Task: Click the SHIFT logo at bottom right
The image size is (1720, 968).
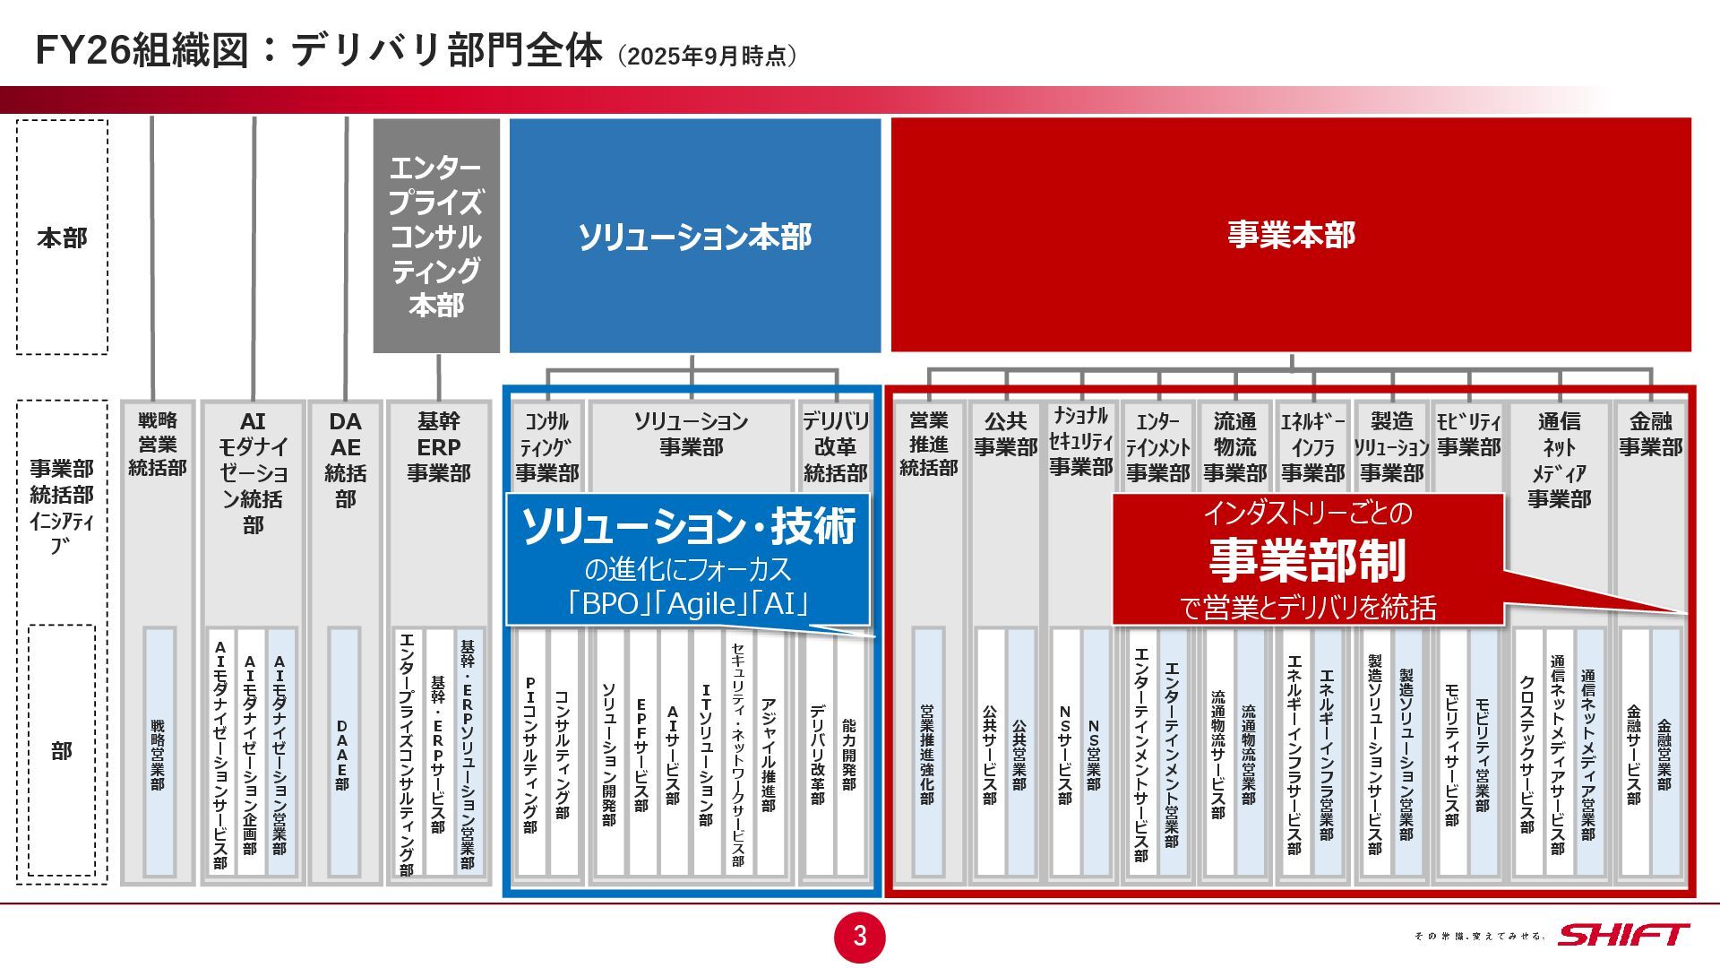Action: (x=1623, y=935)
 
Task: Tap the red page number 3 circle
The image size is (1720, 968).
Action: (x=860, y=937)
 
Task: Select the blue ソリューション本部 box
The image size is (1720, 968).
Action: (x=695, y=236)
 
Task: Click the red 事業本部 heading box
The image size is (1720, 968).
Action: (x=1291, y=235)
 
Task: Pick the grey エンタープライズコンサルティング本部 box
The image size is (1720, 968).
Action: (x=436, y=236)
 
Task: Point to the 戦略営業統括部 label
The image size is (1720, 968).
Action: (x=158, y=444)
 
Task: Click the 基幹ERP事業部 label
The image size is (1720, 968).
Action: (x=439, y=446)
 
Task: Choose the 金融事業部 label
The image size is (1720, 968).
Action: (x=1650, y=434)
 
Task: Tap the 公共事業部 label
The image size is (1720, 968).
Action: (x=1006, y=434)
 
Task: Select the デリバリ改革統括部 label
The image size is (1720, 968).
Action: (x=835, y=446)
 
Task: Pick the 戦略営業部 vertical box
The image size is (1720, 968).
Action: (x=159, y=753)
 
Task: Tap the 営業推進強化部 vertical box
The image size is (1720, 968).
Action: (x=927, y=753)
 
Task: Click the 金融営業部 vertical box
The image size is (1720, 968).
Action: (x=1664, y=753)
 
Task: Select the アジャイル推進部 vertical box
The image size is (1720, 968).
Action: (x=769, y=753)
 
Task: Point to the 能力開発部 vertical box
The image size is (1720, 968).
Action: (x=848, y=753)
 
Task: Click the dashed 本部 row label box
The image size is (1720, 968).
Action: (x=62, y=238)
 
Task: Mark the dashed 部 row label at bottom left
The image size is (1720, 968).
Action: (x=61, y=750)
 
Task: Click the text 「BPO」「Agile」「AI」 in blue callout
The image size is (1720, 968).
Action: (x=688, y=604)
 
